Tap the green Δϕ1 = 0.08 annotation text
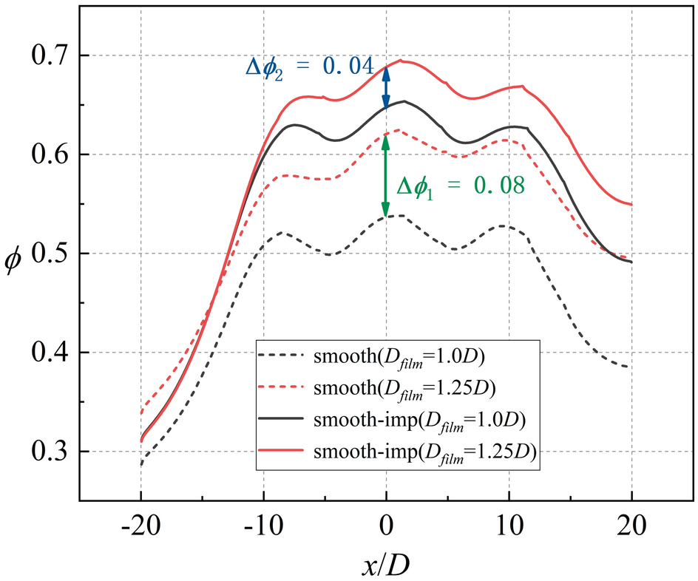461,186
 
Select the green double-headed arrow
385,177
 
